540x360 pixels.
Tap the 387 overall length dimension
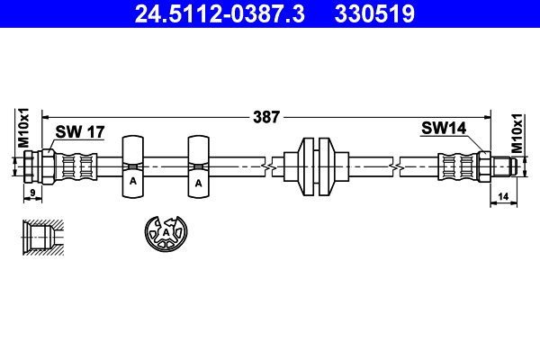click(267, 116)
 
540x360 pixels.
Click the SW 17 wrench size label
click(80, 131)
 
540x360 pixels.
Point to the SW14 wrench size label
click(444, 129)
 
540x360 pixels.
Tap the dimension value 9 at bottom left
click(32, 193)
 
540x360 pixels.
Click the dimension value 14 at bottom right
click(502, 194)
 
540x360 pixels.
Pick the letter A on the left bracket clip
click(132, 182)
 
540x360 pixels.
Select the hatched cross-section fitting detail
click(42, 235)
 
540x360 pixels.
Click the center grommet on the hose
click(316, 166)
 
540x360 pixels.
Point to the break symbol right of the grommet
click(395, 166)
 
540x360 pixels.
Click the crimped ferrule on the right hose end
click(457, 166)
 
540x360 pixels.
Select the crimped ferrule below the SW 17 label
click(76, 166)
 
